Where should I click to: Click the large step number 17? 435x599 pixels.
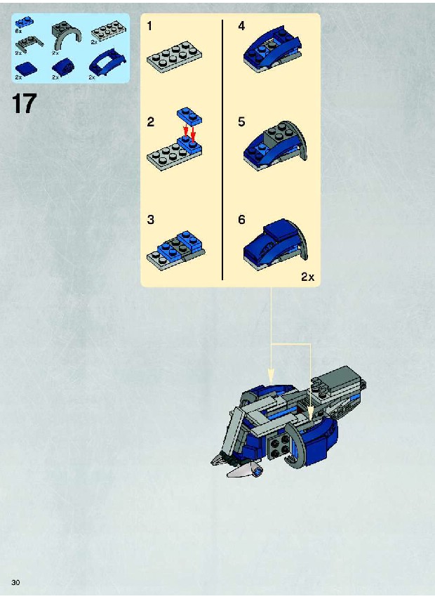pos(24,104)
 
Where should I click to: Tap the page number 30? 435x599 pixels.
pos(15,583)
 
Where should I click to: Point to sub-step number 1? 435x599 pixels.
pos(149,26)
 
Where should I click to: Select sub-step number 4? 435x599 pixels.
pos(241,26)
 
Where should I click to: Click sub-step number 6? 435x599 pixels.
pos(241,220)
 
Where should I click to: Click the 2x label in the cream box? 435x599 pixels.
pos(307,277)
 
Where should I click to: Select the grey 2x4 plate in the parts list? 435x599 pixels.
pos(107,32)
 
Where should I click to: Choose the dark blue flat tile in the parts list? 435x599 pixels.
pos(27,68)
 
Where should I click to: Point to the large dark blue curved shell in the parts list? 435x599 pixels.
pos(107,61)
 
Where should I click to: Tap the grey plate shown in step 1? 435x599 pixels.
pos(175,57)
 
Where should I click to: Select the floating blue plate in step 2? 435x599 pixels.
pos(189,115)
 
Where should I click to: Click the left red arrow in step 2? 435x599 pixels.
pos(186,132)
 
